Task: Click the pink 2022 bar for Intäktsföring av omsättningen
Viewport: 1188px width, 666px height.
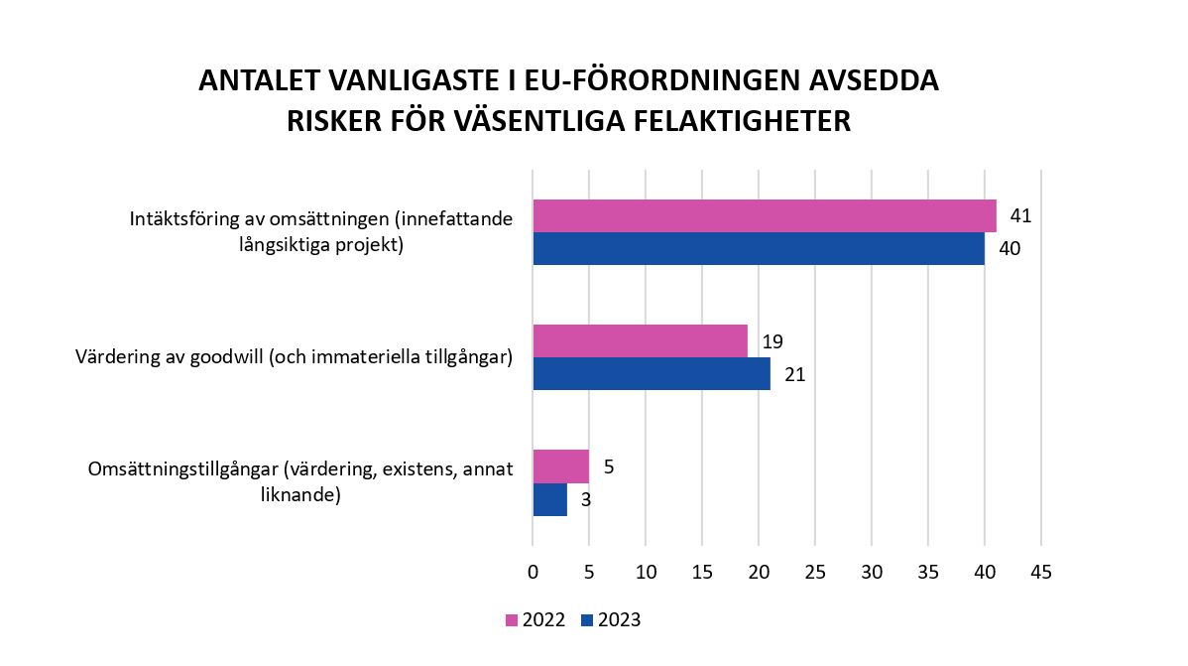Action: click(x=764, y=215)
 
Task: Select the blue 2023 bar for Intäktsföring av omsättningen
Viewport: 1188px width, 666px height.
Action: click(x=759, y=248)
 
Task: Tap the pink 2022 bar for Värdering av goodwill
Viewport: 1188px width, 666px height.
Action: click(x=640, y=340)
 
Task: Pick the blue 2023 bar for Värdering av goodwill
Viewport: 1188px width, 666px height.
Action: click(x=651, y=373)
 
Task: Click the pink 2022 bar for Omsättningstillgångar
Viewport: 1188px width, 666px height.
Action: click(x=560, y=466)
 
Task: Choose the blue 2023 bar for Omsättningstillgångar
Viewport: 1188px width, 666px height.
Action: click(x=549, y=499)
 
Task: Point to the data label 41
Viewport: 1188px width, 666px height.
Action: click(x=1021, y=215)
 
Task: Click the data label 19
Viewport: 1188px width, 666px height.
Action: click(x=772, y=341)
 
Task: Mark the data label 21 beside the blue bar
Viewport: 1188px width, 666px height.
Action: click(x=794, y=374)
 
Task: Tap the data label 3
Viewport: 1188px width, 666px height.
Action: click(x=586, y=500)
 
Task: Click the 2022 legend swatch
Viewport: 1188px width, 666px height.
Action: click(x=512, y=620)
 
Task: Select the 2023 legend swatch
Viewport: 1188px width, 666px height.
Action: click(x=587, y=620)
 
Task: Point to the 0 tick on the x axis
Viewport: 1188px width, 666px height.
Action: click(x=533, y=573)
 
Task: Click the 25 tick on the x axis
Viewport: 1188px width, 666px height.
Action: click(x=815, y=573)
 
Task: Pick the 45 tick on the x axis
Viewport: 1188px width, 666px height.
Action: click(x=1040, y=573)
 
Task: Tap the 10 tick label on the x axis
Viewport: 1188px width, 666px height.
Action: click(x=646, y=573)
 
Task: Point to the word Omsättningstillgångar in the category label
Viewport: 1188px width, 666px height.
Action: click(x=182, y=469)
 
